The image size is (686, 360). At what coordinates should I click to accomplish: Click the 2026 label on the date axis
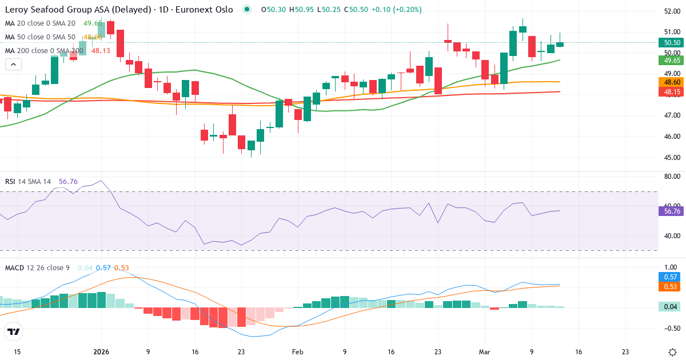(x=101, y=352)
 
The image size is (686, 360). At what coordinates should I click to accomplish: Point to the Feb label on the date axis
(x=297, y=352)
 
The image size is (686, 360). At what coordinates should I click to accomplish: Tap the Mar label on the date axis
(x=485, y=352)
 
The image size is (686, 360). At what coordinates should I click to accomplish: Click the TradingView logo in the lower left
(x=14, y=331)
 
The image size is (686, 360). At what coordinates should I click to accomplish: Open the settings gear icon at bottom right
(x=672, y=352)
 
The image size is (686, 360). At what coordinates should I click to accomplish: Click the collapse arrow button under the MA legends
(x=13, y=64)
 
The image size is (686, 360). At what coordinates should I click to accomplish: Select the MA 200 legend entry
(x=44, y=50)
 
